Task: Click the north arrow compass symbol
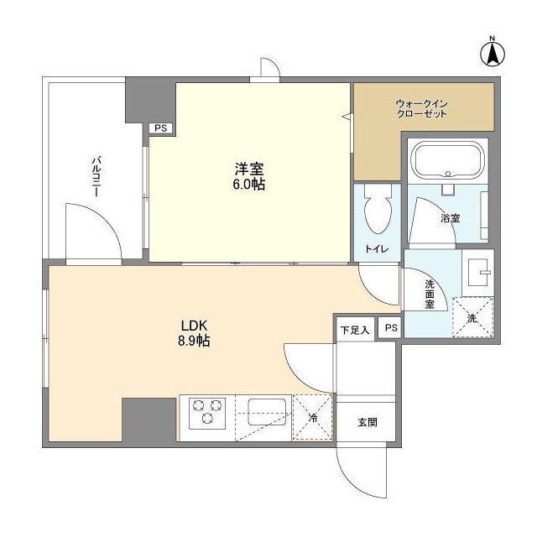pyautogui.click(x=493, y=52)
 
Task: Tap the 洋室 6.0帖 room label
pyautogui.click(x=249, y=177)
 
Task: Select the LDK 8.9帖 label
pyautogui.click(x=194, y=333)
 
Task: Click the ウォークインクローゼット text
pyautogui.click(x=421, y=108)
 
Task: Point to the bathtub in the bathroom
pyautogui.click(x=448, y=159)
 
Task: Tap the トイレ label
pyautogui.click(x=377, y=248)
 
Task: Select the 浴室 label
pyautogui.click(x=451, y=218)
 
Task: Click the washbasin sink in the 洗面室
pyautogui.click(x=477, y=273)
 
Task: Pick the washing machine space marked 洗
pyautogui.click(x=473, y=317)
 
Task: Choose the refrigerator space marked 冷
pyautogui.click(x=313, y=418)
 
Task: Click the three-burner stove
pyautogui.click(x=207, y=413)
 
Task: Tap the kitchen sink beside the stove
pyautogui.click(x=267, y=412)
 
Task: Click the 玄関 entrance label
pyautogui.click(x=368, y=422)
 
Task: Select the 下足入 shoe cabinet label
pyautogui.click(x=355, y=330)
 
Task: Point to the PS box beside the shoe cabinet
pyautogui.click(x=391, y=328)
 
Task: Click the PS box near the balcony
pyautogui.click(x=161, y=128)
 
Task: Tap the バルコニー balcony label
pyautogui.click(x=97, y=177)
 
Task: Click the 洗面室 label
pyautogui.click(x=430, y=295)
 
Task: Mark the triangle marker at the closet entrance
pyautogui.click(x=347, y=117)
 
